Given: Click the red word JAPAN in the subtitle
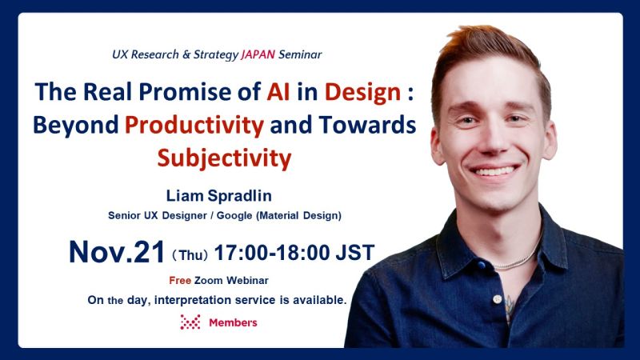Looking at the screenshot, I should [x=257, y=55].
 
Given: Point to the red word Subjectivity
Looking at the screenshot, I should [x=224, y=157].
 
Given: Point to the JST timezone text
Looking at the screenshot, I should [x=353, y=253].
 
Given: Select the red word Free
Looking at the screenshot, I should [x=179, y=281].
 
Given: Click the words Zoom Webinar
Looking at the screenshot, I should [x=231, y=281].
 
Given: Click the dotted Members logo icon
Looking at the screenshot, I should [x=190, y=322].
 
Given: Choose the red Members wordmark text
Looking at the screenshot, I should [x=233, y=322].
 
